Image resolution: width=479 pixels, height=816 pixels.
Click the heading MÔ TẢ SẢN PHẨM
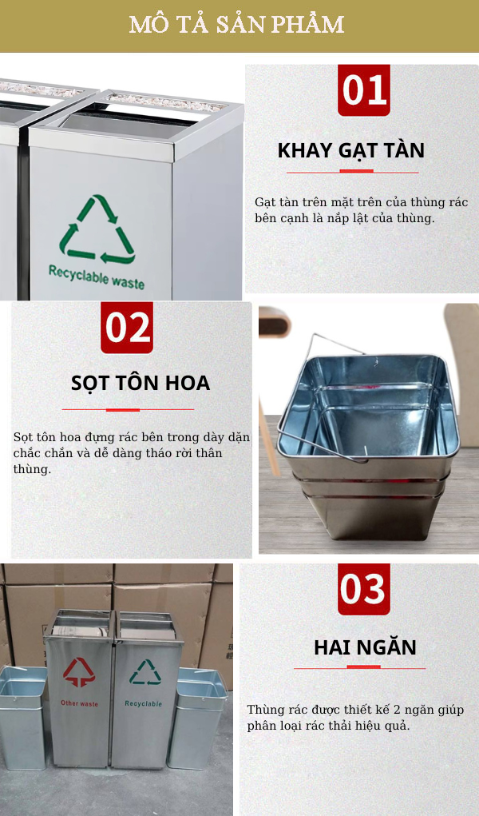tap(237, 25)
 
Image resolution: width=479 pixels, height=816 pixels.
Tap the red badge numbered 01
tap(363, 90)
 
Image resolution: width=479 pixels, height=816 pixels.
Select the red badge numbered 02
tap(127, 327)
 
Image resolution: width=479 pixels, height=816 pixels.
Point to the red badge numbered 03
tap(363, 589)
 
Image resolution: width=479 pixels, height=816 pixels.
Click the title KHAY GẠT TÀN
tap(350, 150)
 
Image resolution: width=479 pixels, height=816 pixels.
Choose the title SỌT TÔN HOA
tap(140, 383)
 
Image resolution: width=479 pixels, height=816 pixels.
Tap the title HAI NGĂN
tap(365, 647)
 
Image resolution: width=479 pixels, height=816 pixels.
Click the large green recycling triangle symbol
tap(97, 230)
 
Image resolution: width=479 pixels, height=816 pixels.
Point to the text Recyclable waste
tap(96, 277)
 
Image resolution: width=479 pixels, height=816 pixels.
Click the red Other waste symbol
tap(79, 672)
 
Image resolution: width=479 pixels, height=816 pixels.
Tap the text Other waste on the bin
tap(79, 703)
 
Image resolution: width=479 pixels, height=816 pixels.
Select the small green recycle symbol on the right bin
tap(144, 672)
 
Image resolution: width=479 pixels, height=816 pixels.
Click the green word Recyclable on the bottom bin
tap(143, 703)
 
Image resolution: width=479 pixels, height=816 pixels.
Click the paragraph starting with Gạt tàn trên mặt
tap(361, 209)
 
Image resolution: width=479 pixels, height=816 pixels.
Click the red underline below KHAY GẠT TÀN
tap(352, 171)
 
